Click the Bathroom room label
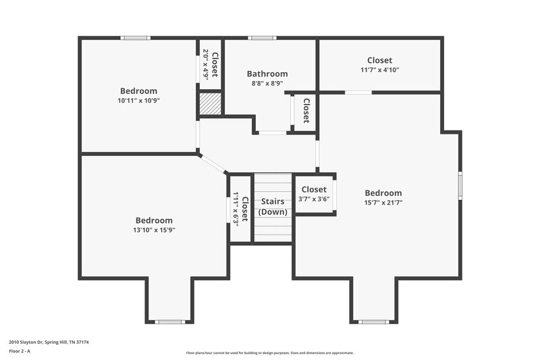(x=267, y=74)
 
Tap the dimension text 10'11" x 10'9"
(x=138, y=101)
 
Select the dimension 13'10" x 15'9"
(x=154, y=230)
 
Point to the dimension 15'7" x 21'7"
(x=383, y=203)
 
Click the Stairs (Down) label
(x=273, y=206)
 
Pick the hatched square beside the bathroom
(x=210, y=105)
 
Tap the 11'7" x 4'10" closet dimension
(x=379, y=70)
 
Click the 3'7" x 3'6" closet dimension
(x=314, y=199)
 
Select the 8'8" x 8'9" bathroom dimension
(x=267, y=84)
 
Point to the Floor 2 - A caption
(x=24, y=352)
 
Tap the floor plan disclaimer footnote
(x=269, y=353)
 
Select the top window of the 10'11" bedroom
(x=135, y=38)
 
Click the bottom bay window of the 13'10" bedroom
(x=169, y=322)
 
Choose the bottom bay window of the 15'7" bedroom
(x=373, y=322)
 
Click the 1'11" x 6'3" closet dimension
(x=236, y=209)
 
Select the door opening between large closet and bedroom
(x=358, y=92)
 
